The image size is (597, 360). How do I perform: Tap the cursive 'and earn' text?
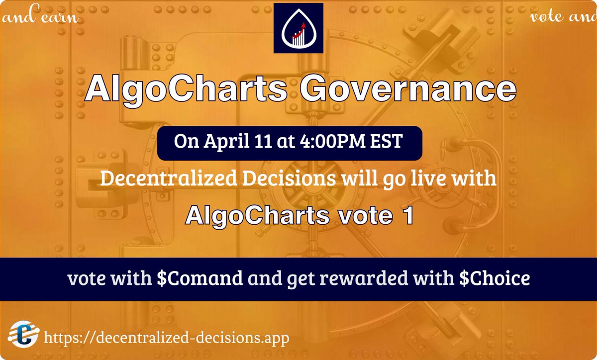[x=40, y=18]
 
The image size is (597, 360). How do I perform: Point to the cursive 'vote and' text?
[x=562, y=17]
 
